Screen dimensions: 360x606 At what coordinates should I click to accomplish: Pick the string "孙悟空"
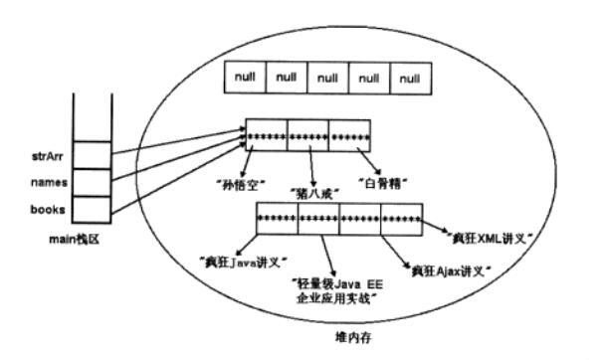click(x=239, y=183)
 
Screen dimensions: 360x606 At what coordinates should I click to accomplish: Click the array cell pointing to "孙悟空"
click(x=266, y=135)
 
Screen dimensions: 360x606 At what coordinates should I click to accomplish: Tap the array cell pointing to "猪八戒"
click(x=307, y=135)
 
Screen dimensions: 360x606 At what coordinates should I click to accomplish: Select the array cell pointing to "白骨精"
click(x=349, y=135)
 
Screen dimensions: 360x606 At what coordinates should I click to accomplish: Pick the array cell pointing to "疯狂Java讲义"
click(x=277, y=218)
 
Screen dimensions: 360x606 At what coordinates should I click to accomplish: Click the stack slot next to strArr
click(x=93, y=155)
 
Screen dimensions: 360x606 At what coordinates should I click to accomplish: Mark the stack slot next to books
click(x=93, y=209)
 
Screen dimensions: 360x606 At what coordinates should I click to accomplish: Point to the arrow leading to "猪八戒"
click(x=312, y=165)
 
